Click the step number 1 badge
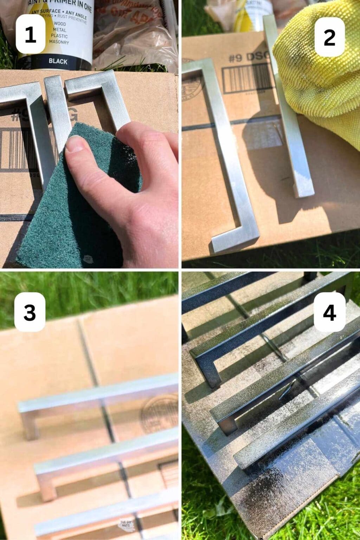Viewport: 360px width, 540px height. [30, 34]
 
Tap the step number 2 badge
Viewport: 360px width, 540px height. [329, 37]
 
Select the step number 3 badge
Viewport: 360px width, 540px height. [30, 311]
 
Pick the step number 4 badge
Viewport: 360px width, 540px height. [329, 311]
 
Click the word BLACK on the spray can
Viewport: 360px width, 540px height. [58, 61]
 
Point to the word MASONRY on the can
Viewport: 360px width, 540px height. [59, 42]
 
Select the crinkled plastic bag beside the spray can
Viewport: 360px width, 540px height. [134, 32]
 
